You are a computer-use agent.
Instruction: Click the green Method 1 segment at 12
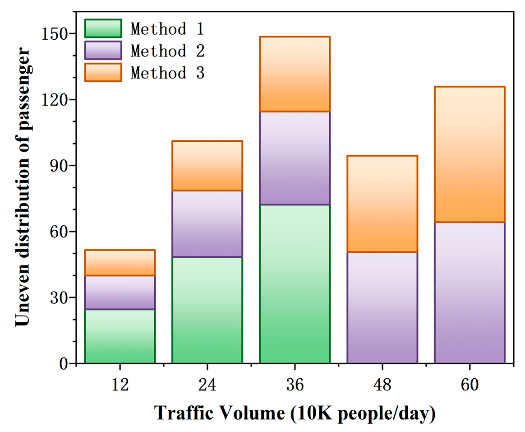tap(120, 336)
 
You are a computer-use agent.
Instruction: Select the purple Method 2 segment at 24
tap(207, 224)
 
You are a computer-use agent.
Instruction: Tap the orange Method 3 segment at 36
tap(295, 74)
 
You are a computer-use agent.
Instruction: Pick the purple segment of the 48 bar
tap(382, 307)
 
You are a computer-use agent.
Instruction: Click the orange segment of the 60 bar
tap(470, 154)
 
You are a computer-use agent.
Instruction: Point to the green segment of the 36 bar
tap(295, 284)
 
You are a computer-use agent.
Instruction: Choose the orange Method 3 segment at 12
tap(120, 263)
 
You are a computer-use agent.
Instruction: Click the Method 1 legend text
tap(167, 29)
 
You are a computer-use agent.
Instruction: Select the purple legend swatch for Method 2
tap(103, 51)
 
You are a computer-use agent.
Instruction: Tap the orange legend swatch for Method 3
tap(103, 72)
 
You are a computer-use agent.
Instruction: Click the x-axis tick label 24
tap(207, 385)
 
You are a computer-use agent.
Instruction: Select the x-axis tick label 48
tap(382, 385)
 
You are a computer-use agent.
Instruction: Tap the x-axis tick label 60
tap(470, 385)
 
